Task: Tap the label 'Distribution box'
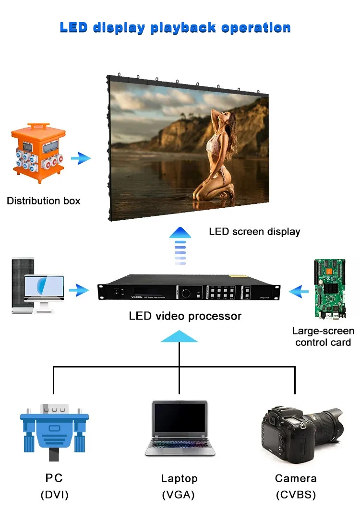44,201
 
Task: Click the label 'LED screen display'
254,232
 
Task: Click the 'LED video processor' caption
185,316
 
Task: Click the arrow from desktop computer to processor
79,290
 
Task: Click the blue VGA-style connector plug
54,427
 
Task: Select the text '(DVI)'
54,495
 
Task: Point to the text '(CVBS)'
296,495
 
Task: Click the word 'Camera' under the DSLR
296,478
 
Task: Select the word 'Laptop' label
180,478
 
